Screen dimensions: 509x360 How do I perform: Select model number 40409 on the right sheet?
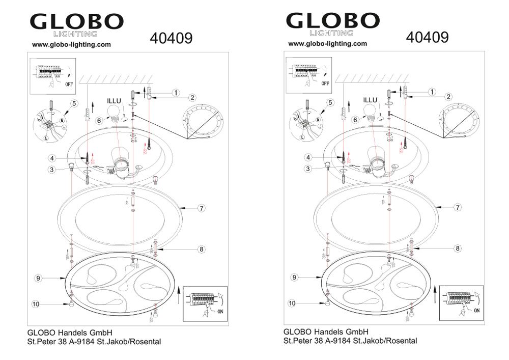coord(427,37)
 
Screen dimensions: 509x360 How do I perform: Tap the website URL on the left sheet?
coord(71,44)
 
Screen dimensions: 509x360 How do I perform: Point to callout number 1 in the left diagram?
coord(176,93)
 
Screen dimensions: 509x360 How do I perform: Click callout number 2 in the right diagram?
coord(448,96)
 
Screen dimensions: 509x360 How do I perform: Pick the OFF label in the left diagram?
coord(69,84)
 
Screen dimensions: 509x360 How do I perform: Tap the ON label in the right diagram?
coord(477,310)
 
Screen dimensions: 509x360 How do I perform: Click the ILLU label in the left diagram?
coord(114,101)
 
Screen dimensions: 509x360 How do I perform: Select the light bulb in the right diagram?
coord(374,113)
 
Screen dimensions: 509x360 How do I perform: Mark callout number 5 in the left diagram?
coord(74,103)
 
